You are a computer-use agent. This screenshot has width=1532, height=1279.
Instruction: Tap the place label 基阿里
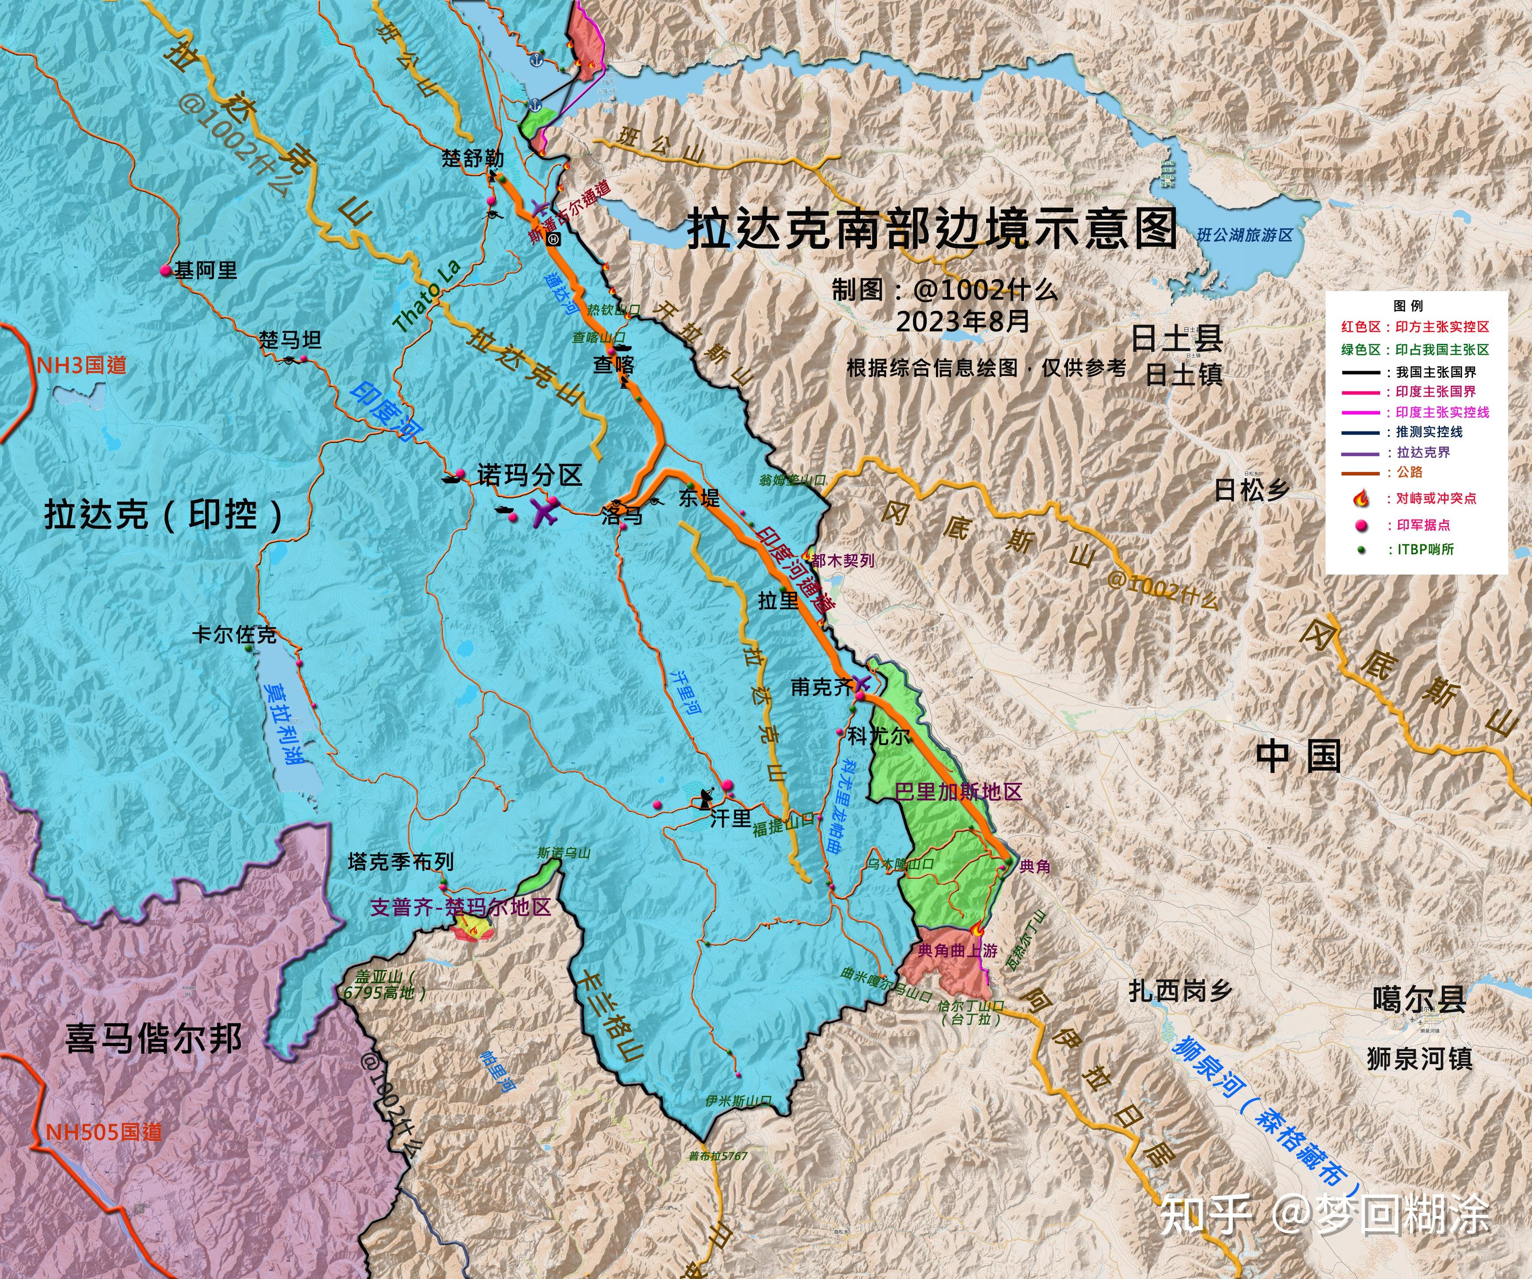pos(206,271)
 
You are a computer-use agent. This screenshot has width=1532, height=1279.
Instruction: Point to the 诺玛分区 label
pos(529,475)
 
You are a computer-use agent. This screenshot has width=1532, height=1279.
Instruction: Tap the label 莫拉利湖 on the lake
pos(284,722)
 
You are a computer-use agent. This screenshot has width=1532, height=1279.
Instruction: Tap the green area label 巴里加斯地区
pos(958,792)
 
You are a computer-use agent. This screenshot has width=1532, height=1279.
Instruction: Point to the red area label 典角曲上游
pos(957,951)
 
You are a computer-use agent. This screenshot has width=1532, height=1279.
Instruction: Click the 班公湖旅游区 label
pos(1245,235)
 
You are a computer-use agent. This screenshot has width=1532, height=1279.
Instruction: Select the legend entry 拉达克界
pos(1422,452)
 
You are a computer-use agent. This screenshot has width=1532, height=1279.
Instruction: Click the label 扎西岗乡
pos(1180,991)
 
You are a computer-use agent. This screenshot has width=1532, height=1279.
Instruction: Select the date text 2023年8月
pos(963,321)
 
